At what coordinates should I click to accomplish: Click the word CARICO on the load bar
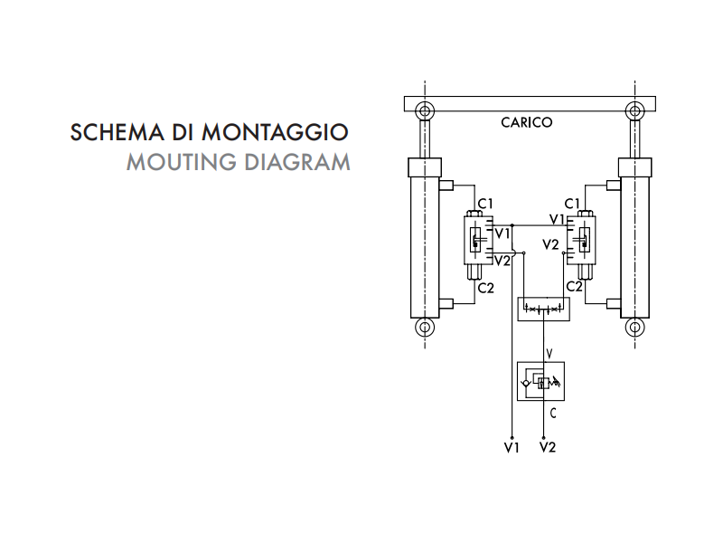(527, 122)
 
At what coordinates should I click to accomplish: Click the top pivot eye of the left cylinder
(423, 111)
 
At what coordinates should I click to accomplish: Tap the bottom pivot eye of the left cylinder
(423, 329)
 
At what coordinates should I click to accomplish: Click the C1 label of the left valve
(485, 203)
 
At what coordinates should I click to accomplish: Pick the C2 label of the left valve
(485, 288)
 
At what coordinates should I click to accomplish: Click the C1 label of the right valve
(572, 204)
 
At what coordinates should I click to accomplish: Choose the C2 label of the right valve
(574, 286)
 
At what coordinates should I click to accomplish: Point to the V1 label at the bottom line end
(512, 447)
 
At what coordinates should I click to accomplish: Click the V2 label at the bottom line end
(548, 447)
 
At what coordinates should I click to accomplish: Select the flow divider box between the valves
(542, 310)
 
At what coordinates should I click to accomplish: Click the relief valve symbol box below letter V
(540, 380)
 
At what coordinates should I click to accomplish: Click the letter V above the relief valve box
(549, 351)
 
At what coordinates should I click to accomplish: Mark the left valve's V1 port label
(502, 233)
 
